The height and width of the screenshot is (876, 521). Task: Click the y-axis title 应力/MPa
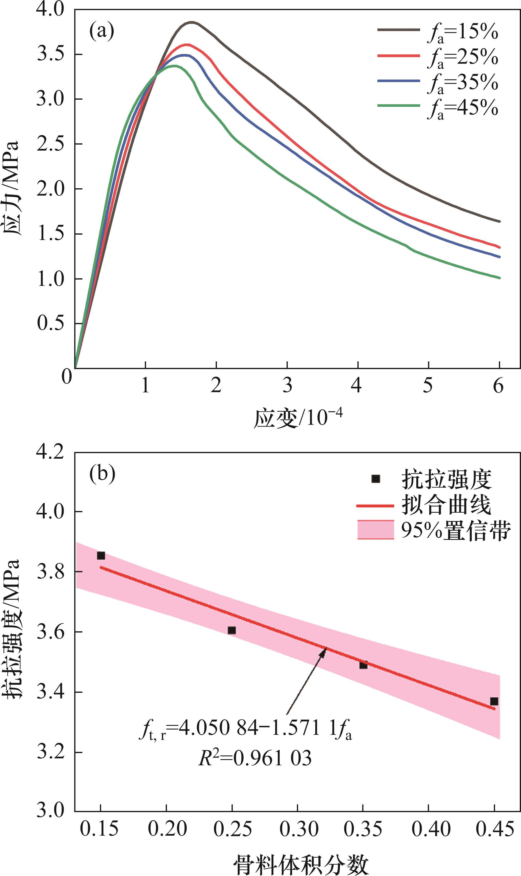point(12,189)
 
